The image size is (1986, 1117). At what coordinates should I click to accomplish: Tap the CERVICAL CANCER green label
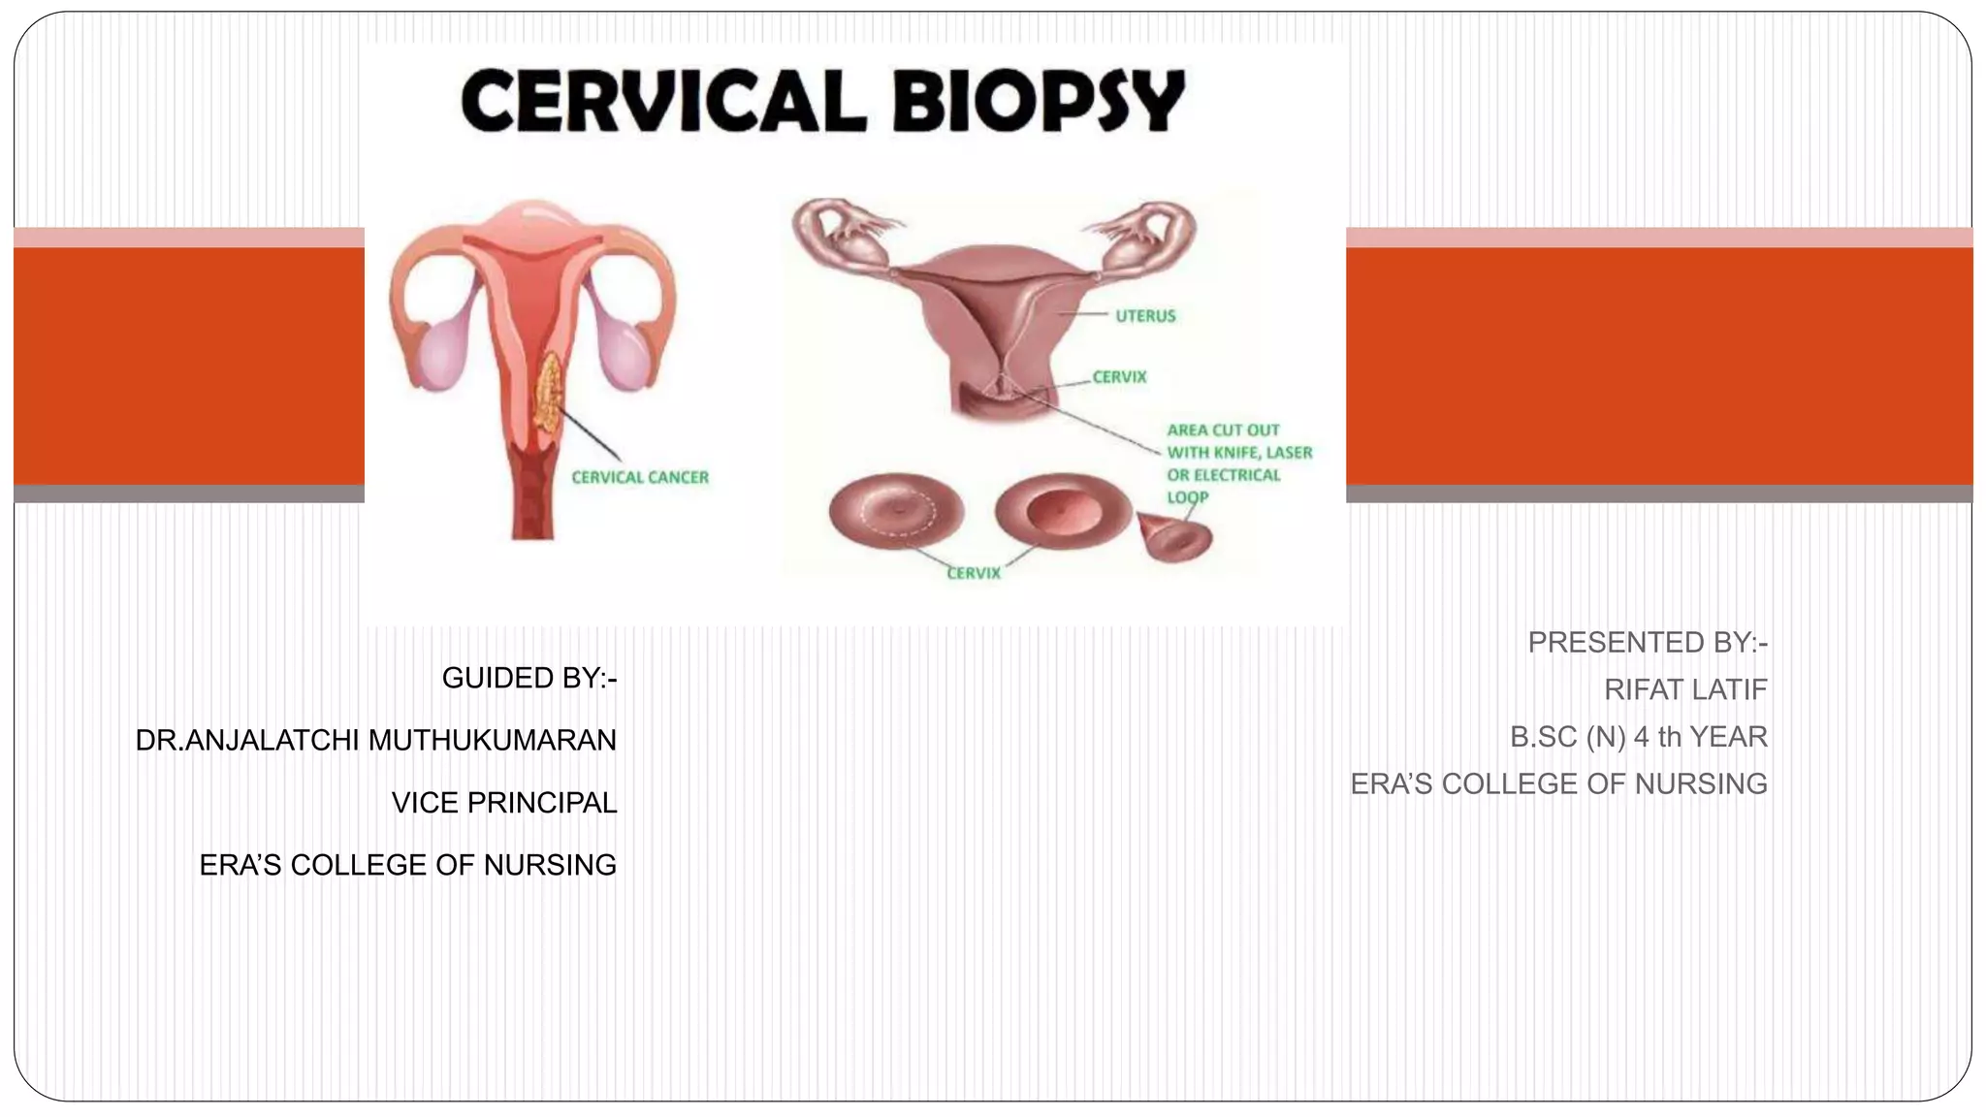click(x=640, y=477)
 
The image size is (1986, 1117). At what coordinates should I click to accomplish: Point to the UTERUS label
click(x=1144, y=316)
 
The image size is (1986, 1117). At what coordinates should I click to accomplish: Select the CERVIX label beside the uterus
click(x=1119, y=377)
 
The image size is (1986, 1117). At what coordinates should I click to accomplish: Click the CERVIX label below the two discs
click(x=973, y=573)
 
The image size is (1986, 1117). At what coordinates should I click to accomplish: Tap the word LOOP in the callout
click(x=1187, y=497)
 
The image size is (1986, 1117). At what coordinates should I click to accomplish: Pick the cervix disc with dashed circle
click(x=896, y=512)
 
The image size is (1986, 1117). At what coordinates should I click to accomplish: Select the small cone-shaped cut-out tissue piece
click(x=1176, y=539)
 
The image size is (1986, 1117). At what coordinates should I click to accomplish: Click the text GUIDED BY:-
click(x=529, y=678)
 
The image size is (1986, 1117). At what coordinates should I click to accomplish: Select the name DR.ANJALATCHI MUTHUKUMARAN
click(x=376, y=740)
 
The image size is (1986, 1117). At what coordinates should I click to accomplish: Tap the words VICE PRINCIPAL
click(x=503, y=803)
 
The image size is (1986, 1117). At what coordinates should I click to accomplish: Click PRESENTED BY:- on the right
click(x=1647, y=642)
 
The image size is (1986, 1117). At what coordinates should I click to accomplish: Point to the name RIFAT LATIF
click(x=1684, y=689)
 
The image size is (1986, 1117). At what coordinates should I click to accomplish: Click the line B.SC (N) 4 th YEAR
click(x=1638, y=737)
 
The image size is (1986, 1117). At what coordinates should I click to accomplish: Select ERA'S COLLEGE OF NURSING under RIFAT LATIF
click(x=1558, y=783)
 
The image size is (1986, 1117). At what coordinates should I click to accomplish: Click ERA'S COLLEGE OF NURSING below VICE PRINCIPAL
click(x=407, y=865)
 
